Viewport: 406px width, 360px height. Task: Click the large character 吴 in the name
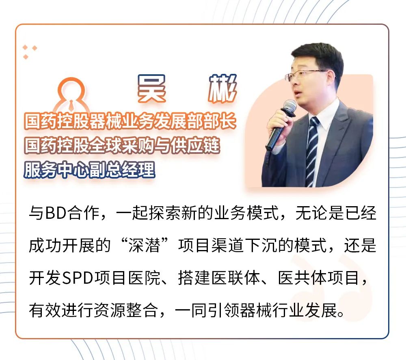[151, 88]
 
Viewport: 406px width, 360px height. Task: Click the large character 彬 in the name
[222, 88]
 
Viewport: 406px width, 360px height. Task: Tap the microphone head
[289, 107]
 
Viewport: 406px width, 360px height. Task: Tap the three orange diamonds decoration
[30, 52]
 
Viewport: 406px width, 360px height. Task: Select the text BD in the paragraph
[55, 213]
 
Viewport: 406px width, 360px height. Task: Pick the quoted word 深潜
[145, 246]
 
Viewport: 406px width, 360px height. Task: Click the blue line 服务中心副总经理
[90, 170]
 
